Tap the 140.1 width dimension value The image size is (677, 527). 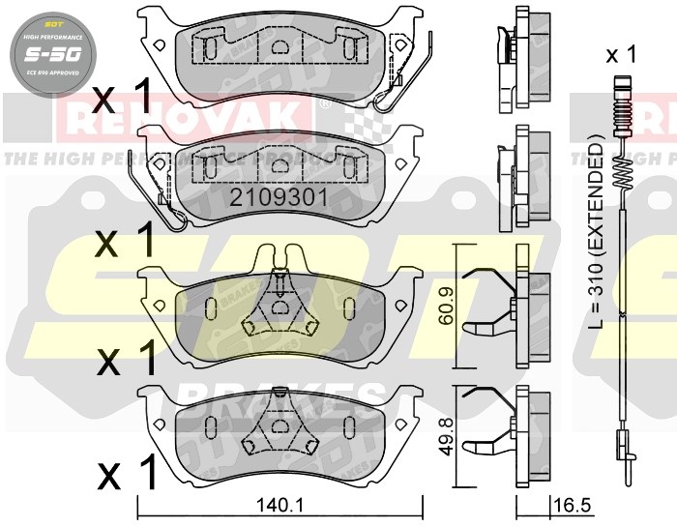(x=280, y=503)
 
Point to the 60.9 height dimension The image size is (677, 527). (x=446, y=306)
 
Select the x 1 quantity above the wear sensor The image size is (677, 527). (x=620, y=55)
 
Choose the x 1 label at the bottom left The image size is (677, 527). (x=127, y=475)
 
